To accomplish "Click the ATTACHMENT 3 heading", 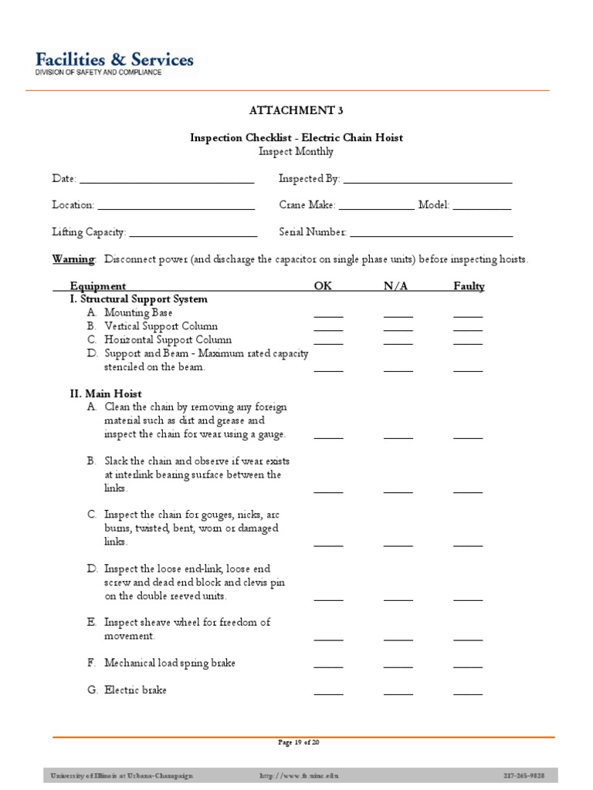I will pos(296,110).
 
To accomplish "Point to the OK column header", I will pos(323,286).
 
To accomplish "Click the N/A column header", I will pos(396,286).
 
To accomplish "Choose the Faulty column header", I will pos(469,286).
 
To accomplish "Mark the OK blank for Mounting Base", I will pos(328,315).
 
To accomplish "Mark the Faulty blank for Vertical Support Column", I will pos(468,328).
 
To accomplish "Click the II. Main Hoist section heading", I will pos(106,393).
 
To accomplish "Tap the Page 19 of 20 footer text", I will pos(298,743).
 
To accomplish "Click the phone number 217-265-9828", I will pos(524,775).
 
